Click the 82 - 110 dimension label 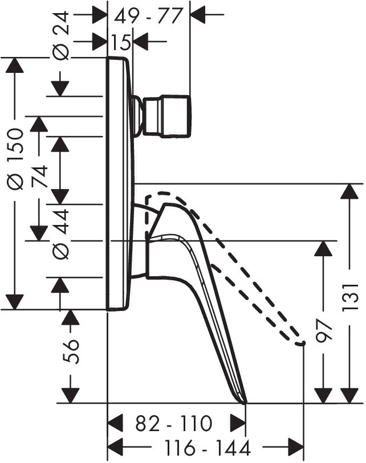[x=174, y=424]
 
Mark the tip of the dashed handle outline [x=301, y=343]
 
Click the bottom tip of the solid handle [x=245, y=402]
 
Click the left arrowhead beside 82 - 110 [x=116, y=424]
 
